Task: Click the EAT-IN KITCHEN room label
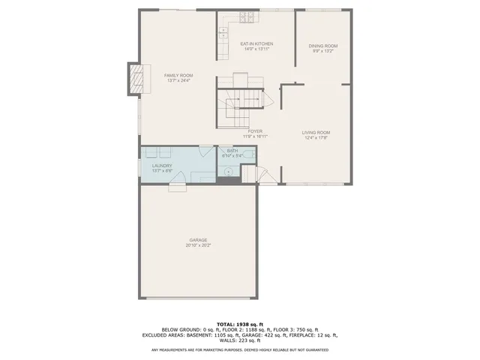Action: click(x=255, y=44)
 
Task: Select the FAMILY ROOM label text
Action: click(x=179, y=76)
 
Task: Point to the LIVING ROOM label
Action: click(x=316, y=133)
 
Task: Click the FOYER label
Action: click(x=255, y=131)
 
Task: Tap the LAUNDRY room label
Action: click(x=162, y=166)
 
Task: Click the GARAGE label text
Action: click(x=198, y=240)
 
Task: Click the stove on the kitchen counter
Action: click(x=245, y=16)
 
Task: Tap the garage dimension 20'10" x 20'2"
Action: click(x=198, y=245)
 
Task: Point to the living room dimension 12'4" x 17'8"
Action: click(x=316, y=138)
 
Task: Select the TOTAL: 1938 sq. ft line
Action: click(x=239, y=323)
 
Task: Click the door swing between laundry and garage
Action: click(x=177, y=187)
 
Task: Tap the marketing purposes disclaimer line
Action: click(x=239, y=349)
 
